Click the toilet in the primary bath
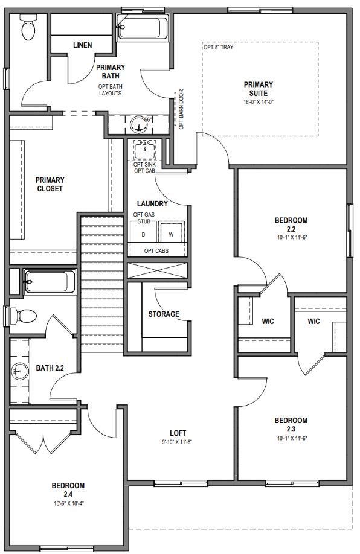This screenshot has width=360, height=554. click(x=28, y=27)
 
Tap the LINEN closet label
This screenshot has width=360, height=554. click(x=82, y=45)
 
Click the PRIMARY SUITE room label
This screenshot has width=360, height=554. click(x=259, y=89)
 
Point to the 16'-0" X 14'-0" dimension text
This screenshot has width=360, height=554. click(x=259, y=102)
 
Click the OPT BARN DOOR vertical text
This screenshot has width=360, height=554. click(x=181, y=109)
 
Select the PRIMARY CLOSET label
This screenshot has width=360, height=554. click(x=50, y=184)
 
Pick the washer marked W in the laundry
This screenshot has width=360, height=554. click(x=171, y=232)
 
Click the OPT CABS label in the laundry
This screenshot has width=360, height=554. click(x=156, y=251)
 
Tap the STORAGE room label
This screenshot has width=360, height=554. click(x=164, y=314)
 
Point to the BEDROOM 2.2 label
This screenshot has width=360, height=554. click(x=291, y=224)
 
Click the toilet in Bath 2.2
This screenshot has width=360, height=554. click(x=24, y=316)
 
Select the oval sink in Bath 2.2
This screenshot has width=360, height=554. click(x=20, y=371)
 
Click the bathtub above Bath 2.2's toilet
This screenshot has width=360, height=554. click(x=50, y=282)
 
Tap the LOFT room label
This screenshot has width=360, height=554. click(x=178, y=433)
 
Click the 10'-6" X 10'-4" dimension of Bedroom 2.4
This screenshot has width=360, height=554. click(x=68, y=504)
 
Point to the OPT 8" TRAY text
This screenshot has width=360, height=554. click(x=219, y=47)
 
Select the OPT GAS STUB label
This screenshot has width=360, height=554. click(x=144, y=218)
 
